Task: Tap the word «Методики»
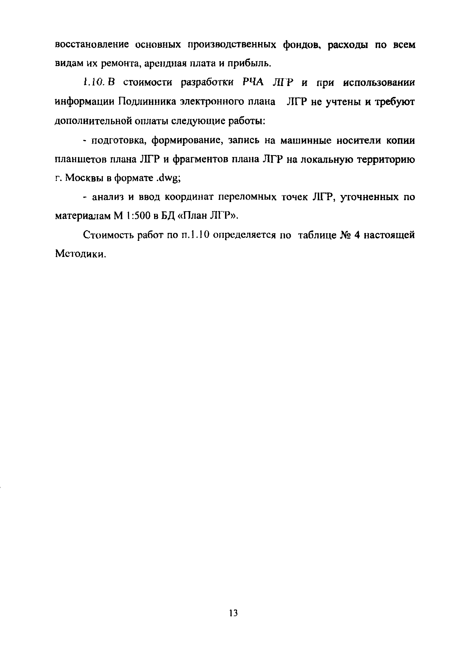point(80,254)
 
